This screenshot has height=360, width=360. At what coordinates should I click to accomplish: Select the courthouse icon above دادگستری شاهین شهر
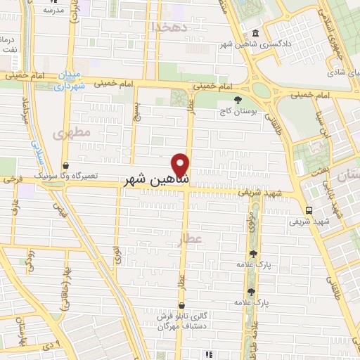[x=255, y=34]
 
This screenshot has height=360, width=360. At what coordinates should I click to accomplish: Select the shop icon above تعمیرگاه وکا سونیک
[x=65, y=166]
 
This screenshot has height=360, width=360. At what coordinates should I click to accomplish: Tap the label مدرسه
[x=53, y=11]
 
